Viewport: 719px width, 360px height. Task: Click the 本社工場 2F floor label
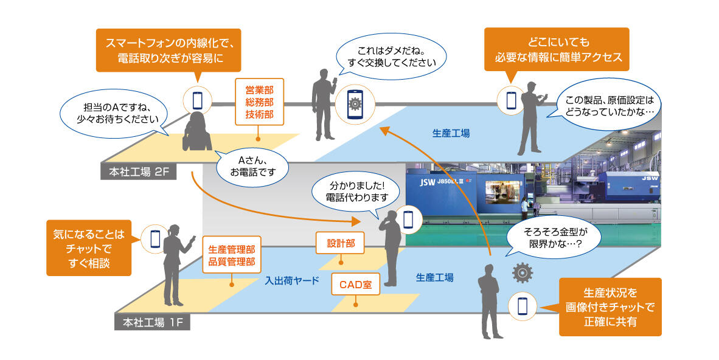138,171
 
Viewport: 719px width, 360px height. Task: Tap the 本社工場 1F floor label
152,322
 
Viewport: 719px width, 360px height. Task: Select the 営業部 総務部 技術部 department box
259,101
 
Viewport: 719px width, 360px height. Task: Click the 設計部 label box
341,243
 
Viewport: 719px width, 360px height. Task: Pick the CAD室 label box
355,283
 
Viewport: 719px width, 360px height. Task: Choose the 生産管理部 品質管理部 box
231,256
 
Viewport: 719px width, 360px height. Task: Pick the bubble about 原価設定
608,106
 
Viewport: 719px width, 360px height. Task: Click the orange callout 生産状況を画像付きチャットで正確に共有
610,306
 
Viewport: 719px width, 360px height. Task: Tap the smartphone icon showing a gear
354,105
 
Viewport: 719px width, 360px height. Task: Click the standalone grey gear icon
523,273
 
